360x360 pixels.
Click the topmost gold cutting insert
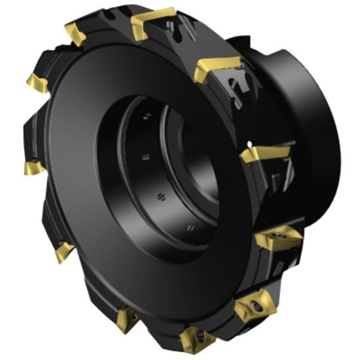[x=153, y=24]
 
